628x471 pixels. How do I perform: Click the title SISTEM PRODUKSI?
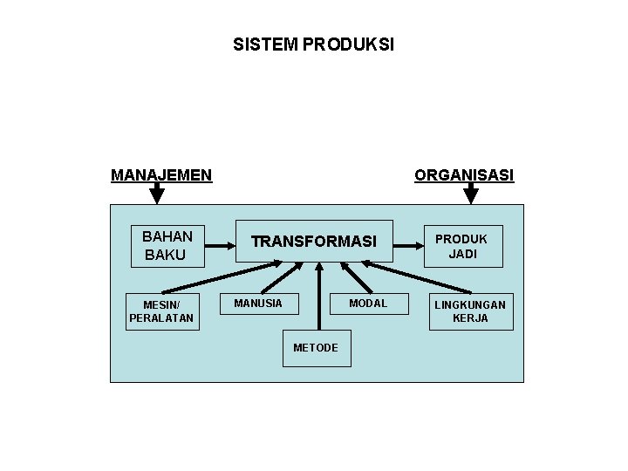(314, 44)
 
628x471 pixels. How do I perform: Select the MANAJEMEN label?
(161, 175)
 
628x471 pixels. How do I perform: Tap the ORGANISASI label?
(464, 175)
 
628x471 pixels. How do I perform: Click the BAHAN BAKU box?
(166, 245)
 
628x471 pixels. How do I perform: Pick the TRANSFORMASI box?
(314, 242)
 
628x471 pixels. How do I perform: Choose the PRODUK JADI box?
(462, 246)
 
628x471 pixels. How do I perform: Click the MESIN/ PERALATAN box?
(161, 311)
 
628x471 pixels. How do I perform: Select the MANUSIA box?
(258, 304)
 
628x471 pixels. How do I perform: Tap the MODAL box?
(368, 304)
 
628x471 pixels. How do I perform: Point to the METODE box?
(316, 348)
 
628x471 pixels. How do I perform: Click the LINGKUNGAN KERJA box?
(470, 311)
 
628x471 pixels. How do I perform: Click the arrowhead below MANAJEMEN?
(157, 194)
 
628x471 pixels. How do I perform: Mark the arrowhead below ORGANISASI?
(471, 194)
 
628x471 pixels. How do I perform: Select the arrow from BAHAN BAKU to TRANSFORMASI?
(221, 245)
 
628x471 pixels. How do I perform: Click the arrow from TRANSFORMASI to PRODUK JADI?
(408, 245)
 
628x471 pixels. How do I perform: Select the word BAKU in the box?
(165, 255)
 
